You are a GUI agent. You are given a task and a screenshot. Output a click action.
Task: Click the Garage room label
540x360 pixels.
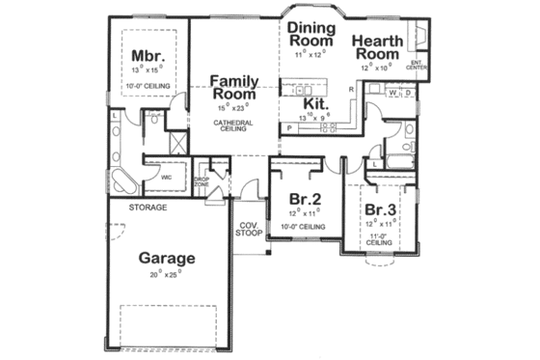[x=167, y=258]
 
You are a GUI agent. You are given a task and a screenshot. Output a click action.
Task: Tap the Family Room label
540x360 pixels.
[x=233, y=89]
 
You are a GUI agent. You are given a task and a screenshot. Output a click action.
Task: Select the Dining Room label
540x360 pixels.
[x=310, y=35]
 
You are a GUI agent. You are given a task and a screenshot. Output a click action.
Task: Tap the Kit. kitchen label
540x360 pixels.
[x=316, y=103]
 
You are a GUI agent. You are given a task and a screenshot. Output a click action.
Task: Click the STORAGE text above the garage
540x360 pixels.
[x=148, y=208]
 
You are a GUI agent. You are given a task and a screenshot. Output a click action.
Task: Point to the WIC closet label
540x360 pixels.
[x=167, y=178]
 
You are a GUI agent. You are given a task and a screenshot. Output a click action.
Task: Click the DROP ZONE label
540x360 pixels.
[x=202, y=181]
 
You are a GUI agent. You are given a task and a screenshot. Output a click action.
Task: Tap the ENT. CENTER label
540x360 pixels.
[x=417, y=65]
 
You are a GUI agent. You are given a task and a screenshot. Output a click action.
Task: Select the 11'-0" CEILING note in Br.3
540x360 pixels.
[x=380, y=239]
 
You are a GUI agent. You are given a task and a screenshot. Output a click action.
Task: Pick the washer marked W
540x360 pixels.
[x=393, y=94]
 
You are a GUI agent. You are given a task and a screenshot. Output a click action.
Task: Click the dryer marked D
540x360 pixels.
[x=408, y=94]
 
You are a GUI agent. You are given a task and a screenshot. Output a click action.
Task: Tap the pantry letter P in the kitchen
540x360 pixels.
[x=288, y=126]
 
